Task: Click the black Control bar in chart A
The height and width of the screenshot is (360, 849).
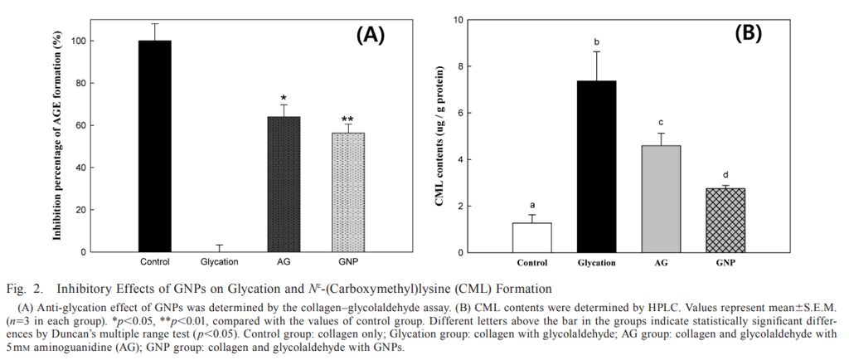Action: point(155,146)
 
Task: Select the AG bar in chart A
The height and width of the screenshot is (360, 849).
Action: point(284,184)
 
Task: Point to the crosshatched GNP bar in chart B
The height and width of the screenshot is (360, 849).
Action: point(725,220)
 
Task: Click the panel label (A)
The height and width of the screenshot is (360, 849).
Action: point(370,34)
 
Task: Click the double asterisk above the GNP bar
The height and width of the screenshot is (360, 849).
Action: point(347,119)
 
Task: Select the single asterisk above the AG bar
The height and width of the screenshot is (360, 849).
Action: point(284,98)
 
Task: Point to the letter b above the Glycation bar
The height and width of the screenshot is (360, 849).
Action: point(597,41)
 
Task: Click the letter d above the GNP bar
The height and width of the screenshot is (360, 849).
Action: point(725,175)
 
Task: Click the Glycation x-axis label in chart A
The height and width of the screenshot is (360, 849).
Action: point(219,262)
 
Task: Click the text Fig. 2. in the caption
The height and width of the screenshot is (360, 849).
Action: point(26,289)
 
